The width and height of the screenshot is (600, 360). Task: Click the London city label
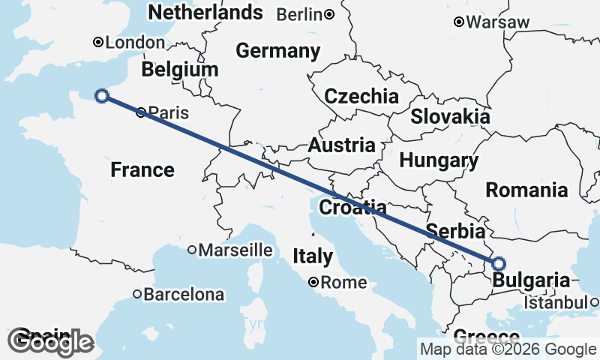135,43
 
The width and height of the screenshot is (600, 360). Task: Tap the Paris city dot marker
142,113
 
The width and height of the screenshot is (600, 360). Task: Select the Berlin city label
300,14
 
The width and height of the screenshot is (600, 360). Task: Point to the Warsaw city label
497,22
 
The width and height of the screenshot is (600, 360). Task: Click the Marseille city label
235,250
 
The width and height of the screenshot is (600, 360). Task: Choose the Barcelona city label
184,295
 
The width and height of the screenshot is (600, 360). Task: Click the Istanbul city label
555,303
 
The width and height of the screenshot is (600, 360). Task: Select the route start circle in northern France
103,95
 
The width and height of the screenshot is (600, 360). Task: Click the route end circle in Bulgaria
499,263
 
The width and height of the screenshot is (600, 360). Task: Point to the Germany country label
277,51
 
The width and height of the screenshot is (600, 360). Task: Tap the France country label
142,169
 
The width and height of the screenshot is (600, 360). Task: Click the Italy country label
313,256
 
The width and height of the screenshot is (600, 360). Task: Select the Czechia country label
361,96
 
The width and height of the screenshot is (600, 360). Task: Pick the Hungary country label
439,160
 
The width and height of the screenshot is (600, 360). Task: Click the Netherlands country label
206,12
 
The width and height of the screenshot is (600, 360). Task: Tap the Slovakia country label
450,117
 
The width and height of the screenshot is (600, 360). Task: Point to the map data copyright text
508,349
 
